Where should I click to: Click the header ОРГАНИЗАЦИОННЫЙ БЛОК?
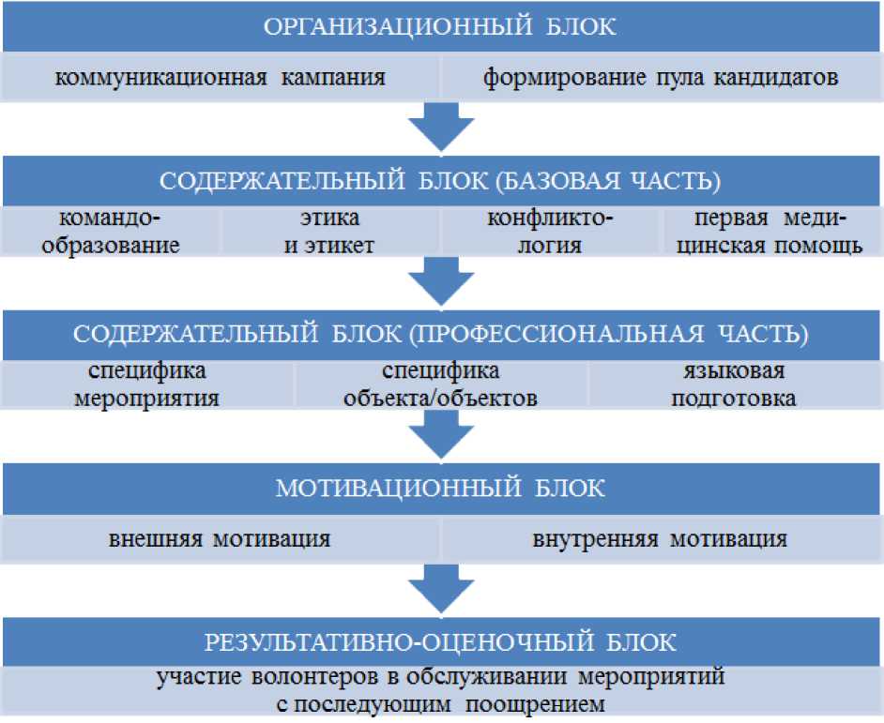point(441,26)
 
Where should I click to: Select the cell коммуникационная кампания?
point(221,77)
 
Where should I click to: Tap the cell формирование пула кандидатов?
point(661,77)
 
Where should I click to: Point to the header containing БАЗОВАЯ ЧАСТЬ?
point(441,179)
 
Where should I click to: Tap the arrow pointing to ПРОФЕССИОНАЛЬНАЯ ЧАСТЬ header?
point(441,280)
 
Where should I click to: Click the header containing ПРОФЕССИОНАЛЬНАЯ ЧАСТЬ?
point(441,334)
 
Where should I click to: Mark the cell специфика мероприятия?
point(148,384)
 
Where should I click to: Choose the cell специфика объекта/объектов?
point(441,384)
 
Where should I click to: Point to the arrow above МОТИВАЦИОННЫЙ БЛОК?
point(441,434)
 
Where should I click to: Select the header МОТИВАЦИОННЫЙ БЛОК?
point(441,488)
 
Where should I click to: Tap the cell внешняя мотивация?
point(221,539)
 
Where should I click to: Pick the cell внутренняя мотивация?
point(661,539)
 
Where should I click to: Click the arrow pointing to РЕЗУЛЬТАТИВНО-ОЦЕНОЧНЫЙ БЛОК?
point(441,589)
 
